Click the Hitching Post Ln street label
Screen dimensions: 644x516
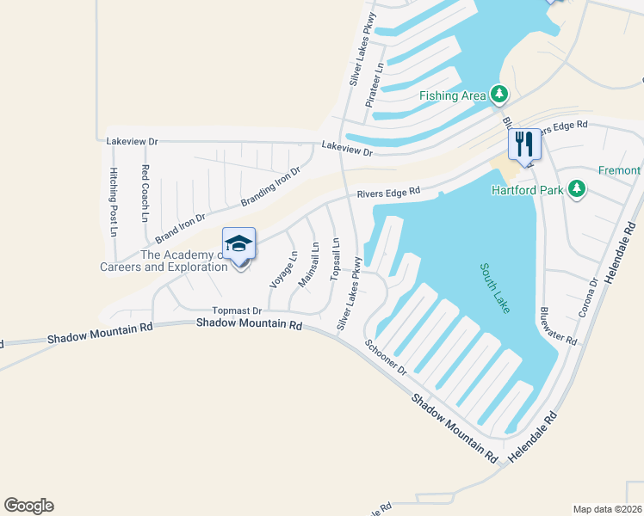point(113,197)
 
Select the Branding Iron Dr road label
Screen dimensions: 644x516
point(271,186)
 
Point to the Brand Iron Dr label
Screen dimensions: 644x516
point(181,228)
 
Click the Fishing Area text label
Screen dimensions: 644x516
point(453,95)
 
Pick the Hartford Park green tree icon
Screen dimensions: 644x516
point(578,189)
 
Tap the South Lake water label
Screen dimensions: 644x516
point(494,290)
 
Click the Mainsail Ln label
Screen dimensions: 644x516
point(308,264)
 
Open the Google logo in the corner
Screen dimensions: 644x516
point(28,506)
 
